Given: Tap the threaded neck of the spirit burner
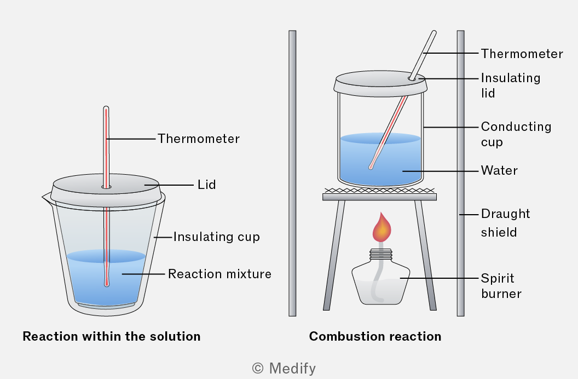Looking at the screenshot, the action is click(381, 254).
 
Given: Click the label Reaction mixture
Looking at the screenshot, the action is click(219, 274).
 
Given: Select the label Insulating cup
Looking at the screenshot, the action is click(216, 237).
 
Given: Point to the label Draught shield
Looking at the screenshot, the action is click(505, 223).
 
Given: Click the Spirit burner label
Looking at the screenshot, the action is click(501, 286).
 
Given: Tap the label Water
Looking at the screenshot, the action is click(499, 170).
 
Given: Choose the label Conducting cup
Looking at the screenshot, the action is click(516, 134).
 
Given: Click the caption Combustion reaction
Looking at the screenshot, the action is click(375, 336).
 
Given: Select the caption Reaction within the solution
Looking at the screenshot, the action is click(111, 336).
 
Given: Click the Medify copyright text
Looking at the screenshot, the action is click(284, 368).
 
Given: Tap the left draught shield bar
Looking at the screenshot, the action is click(292, 173).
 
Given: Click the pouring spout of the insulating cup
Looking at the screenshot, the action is click(46, 198).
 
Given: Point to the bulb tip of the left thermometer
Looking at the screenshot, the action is click(107, 283).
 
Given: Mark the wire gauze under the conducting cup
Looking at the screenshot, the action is click(379, 191).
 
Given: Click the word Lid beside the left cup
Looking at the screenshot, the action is click(206, 185).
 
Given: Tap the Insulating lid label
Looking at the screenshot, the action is click(511, 85).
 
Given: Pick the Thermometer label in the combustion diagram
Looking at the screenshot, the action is click(522, 54).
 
